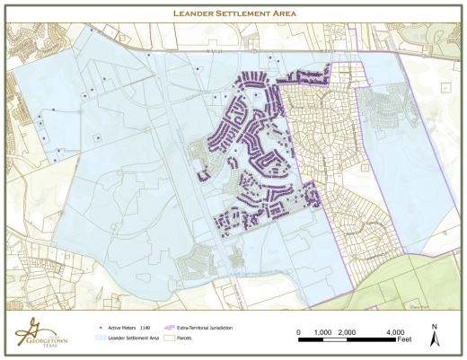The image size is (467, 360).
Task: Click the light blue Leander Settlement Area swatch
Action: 100,338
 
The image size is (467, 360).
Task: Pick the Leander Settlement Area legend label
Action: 133,338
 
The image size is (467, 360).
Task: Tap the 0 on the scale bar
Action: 299,331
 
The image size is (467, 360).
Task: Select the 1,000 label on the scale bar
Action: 323,331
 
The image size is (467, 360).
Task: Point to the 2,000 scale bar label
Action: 348,331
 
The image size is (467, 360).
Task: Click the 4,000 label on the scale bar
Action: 396,331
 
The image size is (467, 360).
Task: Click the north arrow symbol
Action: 435,340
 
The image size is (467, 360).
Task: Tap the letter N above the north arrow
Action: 435,327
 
